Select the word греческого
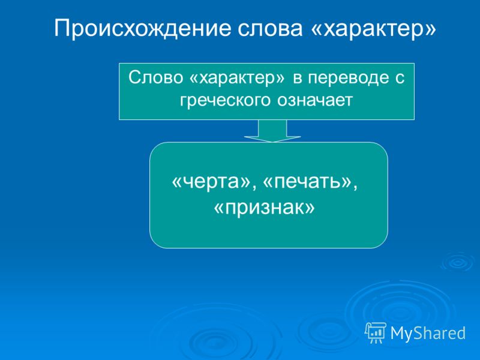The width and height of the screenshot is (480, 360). pos(225,100)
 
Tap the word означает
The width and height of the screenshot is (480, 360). pos(315,100)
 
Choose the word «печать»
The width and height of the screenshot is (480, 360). pos(307,181)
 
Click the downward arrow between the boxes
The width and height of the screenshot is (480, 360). pos(272,131)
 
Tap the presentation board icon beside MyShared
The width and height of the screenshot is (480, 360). pos(376,332)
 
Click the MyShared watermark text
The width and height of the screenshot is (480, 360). pos(428,333)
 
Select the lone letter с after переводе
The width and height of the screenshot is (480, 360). pos(400,79)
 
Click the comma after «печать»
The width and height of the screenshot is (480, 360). pos(355,187)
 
